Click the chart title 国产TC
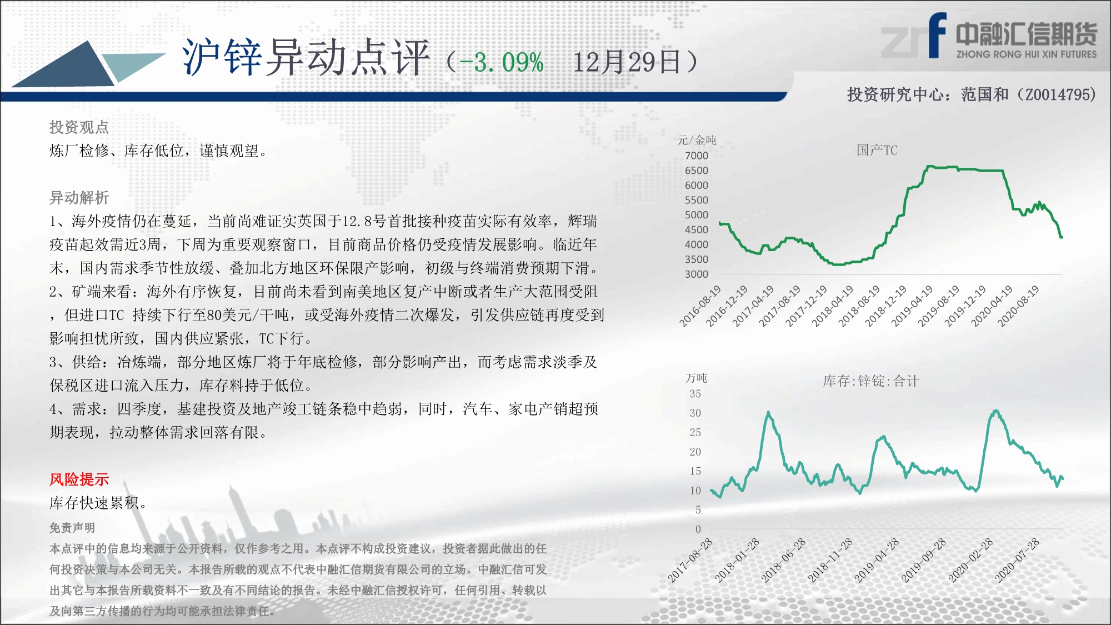click(x=877, y=150)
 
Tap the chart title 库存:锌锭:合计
click(x=871, y=381)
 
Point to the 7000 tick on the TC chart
click(x=697, y=156)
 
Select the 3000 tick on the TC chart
click(x=697, y=274)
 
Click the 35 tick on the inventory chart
click(x=695, y=394)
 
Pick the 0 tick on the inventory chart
click(x=698, y=529)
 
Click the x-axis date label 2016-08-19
click(x=700, y=306)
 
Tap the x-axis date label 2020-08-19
click(x=1018, y=306)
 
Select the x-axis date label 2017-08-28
click(x=690, y=560)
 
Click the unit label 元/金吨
click(x=697, y=140)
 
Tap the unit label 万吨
click(x=697, y=378)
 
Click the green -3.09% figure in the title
click(x=502, y=62)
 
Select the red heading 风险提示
click(x=79, y=479)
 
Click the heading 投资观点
click(x=79, y=127)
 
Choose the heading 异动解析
click(x=79, y=198)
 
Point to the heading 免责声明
click(x=72, y=528)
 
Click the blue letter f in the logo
click(x=937, y=35)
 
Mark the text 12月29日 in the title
click(x=627, y=62)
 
